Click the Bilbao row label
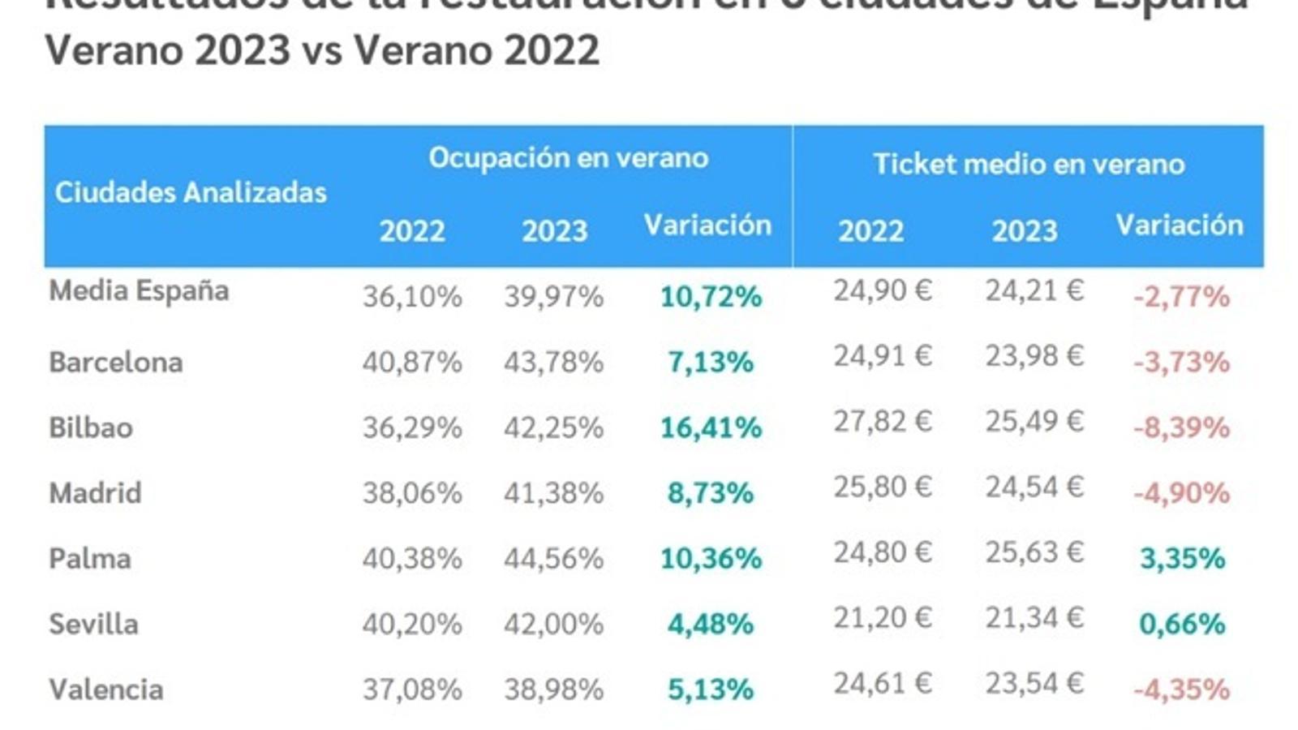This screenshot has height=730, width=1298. (91, 427)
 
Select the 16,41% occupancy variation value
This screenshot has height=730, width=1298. (711, 427)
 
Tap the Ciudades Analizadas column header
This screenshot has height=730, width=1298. (191, 192)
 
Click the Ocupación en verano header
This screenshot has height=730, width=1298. (568, 157)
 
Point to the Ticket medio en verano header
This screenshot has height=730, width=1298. (1029, 164)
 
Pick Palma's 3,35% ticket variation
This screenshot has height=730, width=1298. (1182, 558)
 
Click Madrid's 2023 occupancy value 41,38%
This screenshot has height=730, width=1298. (553, 492)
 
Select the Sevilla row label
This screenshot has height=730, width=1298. (93, 624)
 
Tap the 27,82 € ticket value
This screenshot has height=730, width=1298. (882, 422)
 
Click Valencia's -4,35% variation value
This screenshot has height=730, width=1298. (1180, 689)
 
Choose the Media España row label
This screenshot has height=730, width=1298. (139, 290)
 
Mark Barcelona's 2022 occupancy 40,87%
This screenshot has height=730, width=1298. (412, 362)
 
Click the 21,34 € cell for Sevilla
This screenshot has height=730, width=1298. (1034, 618)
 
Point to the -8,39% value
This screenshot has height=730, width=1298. (1180, 427)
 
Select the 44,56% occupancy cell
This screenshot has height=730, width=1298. (553, 558)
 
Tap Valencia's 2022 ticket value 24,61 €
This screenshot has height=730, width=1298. (882, 684)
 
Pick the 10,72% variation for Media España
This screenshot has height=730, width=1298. (711, 297)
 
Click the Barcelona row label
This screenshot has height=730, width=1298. (116, 362)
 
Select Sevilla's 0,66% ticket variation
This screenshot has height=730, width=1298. (1182, 624)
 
